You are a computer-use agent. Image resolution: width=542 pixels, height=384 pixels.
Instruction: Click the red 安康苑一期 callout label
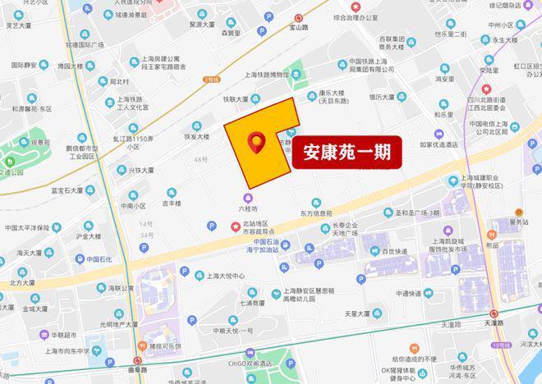tap(347, 152)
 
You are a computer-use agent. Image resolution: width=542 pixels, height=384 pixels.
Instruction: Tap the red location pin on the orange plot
tap(257, 143)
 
